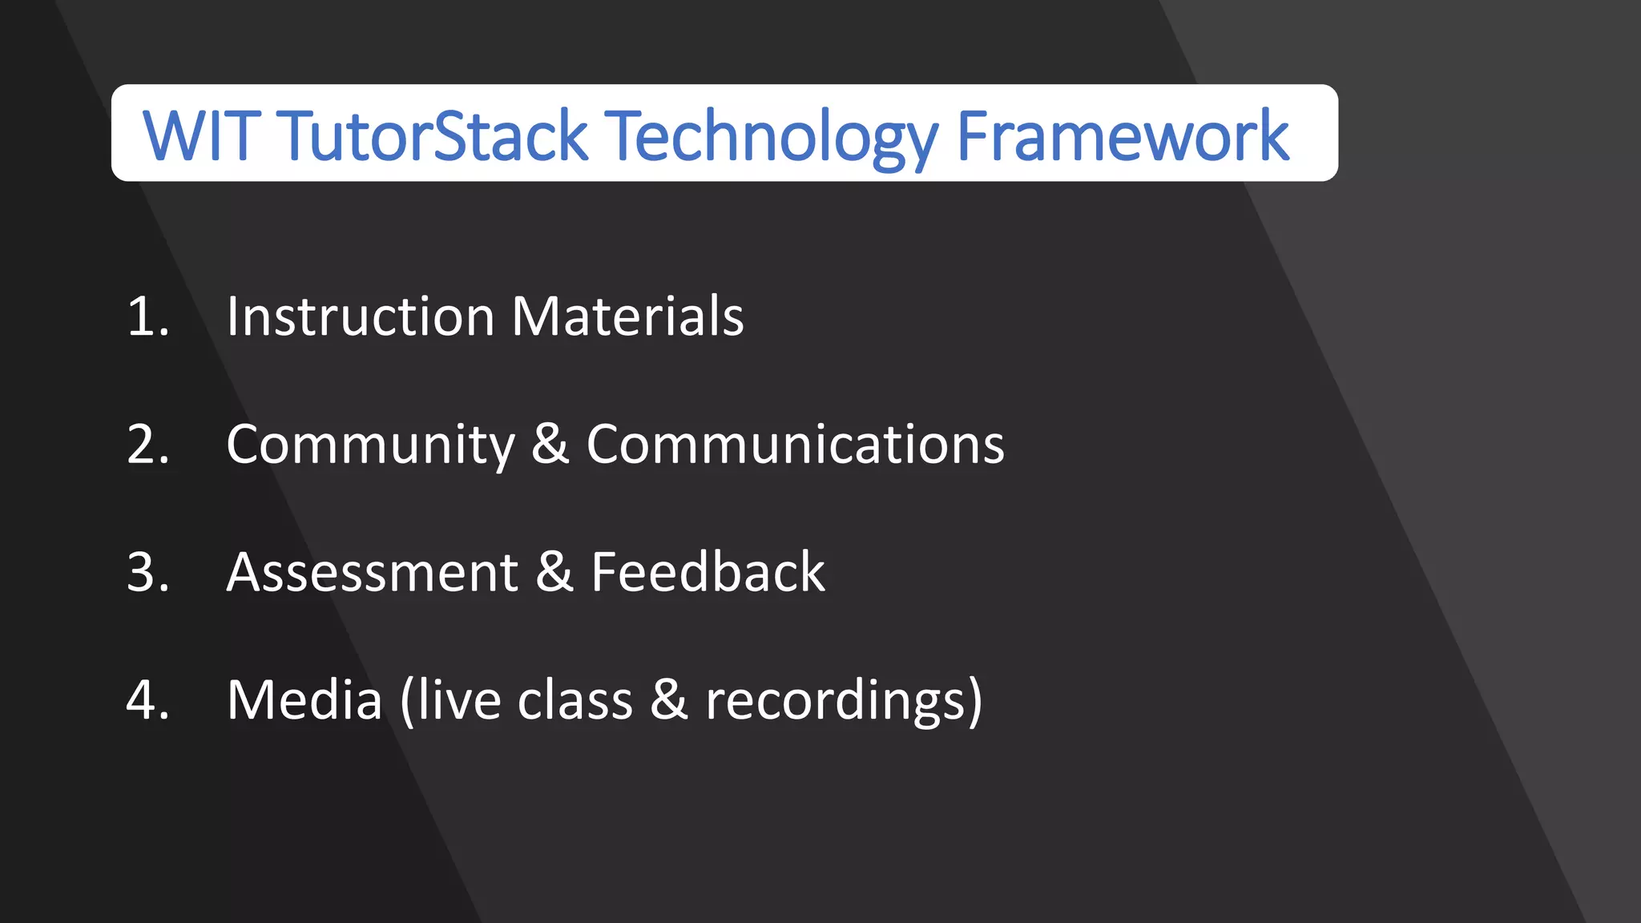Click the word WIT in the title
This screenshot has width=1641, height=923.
coord(201,135)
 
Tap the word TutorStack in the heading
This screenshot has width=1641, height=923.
coord(432,135)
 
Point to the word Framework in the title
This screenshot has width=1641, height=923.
coord(1122,135)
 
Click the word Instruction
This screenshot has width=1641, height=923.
coord(360,316)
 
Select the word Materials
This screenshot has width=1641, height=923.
coord(627,316)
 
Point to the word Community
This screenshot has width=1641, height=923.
coord(370,445)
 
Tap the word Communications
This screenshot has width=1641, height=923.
coord(795,444)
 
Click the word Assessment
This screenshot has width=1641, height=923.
coord(373,572)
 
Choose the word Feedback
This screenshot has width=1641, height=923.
coord(708,572)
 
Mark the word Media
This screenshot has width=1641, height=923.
coord(304,699)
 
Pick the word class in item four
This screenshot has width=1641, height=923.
coord(575,699)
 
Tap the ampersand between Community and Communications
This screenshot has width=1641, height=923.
coord(550,444)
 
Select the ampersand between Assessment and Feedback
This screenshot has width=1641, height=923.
coord(554,572)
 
